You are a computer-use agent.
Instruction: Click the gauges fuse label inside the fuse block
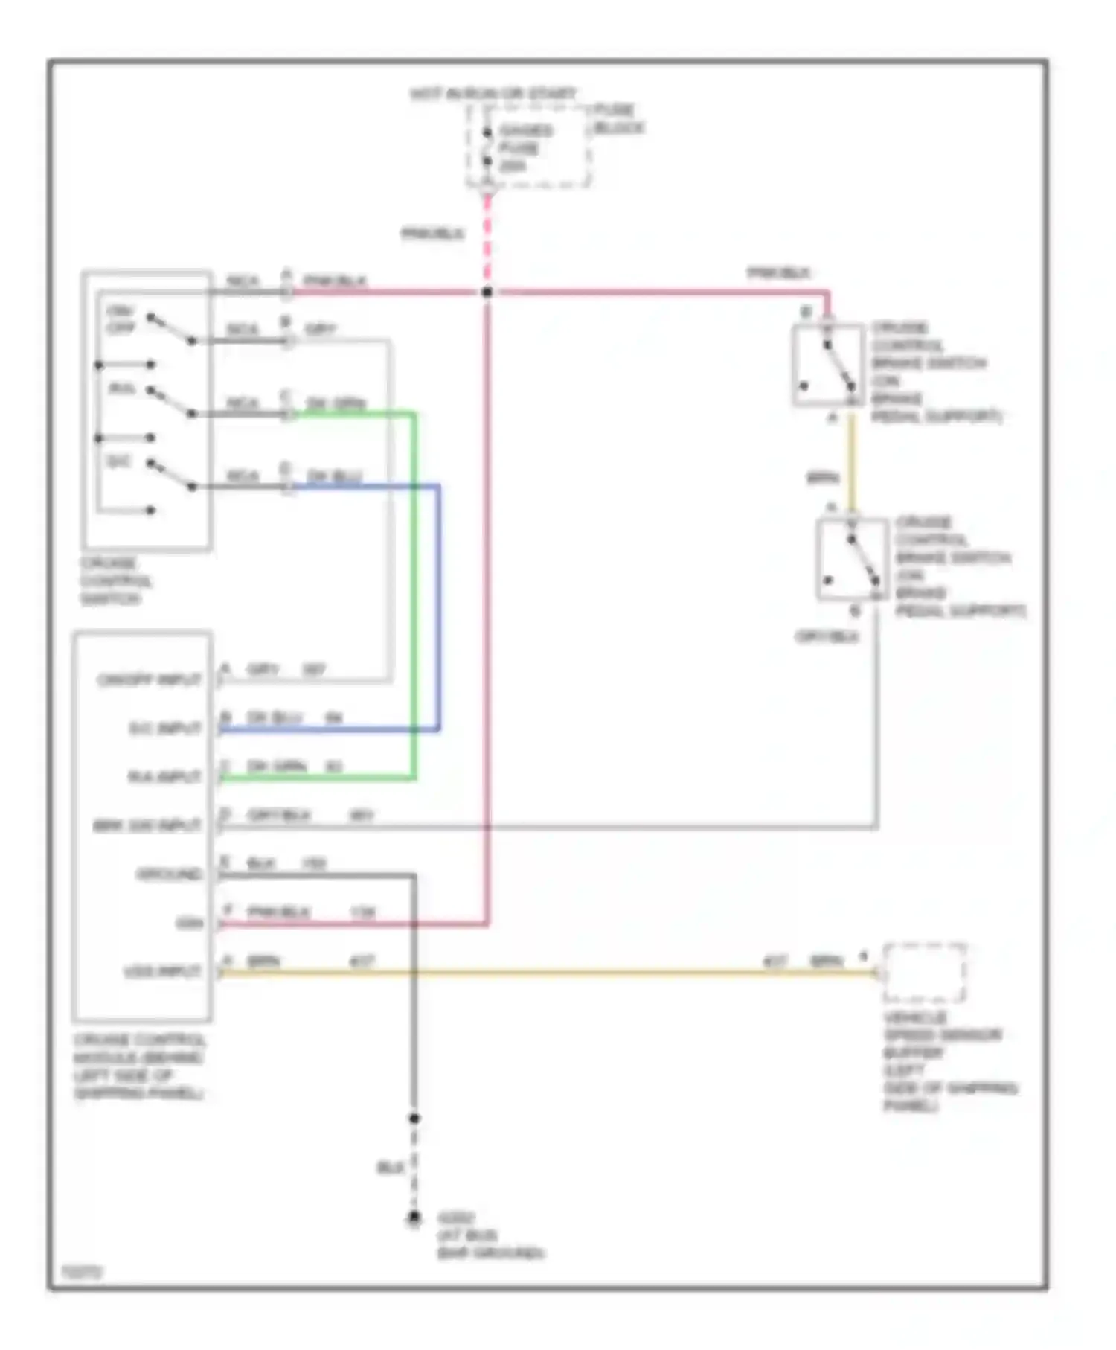(525, 147)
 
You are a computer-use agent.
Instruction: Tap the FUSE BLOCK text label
(618, 119)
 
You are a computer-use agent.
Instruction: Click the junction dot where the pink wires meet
(487, 292)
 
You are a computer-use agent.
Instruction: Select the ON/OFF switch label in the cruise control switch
(121, 319)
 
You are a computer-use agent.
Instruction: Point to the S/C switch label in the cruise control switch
(119, 462)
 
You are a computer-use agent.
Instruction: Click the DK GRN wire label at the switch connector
(336, 403)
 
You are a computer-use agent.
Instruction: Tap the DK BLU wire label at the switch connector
(335, 476)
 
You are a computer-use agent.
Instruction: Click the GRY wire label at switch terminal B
(321, 329)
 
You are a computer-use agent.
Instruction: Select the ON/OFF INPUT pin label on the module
(150, 680)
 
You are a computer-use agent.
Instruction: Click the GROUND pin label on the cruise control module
(170, 874)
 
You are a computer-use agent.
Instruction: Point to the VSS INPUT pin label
(162, 972)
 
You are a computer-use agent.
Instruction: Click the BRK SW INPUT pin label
(147, 826)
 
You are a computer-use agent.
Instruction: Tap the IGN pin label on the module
(190, 924)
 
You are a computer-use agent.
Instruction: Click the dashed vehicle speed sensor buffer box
(924, 973)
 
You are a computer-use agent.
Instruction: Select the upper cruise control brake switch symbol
(828, 365)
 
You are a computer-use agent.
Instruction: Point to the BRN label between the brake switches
(823, 479)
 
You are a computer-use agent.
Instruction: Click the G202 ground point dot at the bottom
(414, 1218)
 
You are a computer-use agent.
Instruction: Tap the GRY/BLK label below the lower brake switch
(827, 637)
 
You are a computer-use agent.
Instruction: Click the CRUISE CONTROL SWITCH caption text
(116, 580)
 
